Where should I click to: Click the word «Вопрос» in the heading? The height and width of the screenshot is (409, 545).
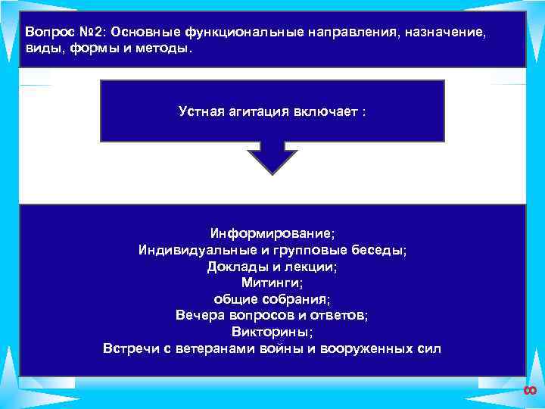(45, 34)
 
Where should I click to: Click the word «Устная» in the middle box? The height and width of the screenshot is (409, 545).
(202, 111)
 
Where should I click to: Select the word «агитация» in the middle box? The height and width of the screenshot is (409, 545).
(259, 111)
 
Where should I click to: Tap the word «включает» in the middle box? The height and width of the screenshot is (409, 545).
(325, 111)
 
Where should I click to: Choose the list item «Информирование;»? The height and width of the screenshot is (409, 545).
(272, 233)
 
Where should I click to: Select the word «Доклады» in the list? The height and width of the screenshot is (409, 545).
(233, 267)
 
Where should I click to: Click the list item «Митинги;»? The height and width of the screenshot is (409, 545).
(272, 283)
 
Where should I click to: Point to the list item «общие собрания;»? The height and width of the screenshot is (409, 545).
(272, 299)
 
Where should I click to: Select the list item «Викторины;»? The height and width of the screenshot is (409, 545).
(272, 333)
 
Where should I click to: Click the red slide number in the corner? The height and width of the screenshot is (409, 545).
(529, 390)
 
